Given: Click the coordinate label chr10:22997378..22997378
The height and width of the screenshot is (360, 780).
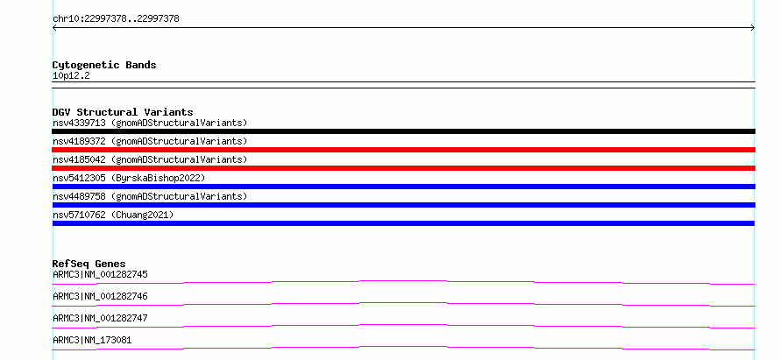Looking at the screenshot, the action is tap(116, 19).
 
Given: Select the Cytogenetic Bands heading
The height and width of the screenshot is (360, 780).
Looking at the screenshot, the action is tap(104, 65).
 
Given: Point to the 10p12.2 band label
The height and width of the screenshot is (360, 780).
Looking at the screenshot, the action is tap(71, 76).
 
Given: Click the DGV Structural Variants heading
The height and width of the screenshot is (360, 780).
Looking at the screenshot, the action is tap(123, 112).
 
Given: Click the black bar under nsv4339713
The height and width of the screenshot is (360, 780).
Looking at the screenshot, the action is tap(403, 131).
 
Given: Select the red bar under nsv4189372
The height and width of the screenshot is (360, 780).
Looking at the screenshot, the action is tap(403, 150).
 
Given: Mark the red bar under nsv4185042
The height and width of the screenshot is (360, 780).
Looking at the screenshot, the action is tap(403, 168).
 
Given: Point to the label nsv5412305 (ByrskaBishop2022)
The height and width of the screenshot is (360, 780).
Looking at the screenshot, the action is tap(129, 178).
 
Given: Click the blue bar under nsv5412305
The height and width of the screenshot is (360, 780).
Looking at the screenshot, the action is tap(403, 187).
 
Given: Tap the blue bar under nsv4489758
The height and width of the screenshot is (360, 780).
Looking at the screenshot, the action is tap(403, 205).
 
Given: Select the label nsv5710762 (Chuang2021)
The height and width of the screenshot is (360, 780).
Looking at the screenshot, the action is tap(113, 215).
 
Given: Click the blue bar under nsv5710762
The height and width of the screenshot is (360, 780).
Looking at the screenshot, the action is tap(403, 223).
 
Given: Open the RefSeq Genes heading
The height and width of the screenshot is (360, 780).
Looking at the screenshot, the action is tap(89, 264).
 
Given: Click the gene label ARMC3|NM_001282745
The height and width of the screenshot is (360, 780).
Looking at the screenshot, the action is tap(100, 274).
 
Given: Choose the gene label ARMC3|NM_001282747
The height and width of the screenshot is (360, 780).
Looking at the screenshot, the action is tap(100, 318).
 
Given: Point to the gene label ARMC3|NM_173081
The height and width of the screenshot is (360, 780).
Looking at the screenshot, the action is tap(92, 340).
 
